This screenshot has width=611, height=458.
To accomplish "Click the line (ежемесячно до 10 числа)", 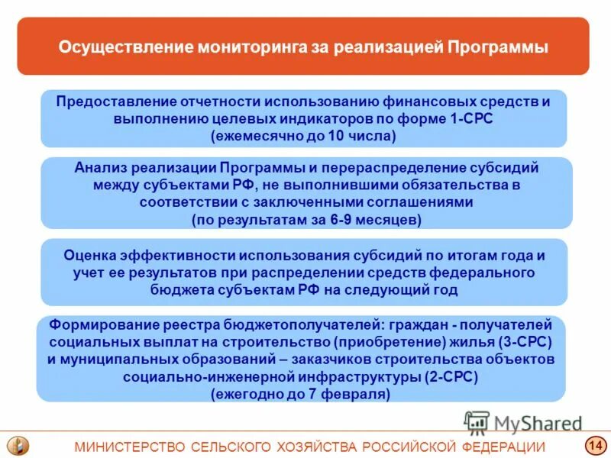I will (303, 136).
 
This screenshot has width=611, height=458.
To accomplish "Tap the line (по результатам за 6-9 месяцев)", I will (306, 219).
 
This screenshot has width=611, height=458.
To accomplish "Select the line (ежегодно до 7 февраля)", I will (300, 395).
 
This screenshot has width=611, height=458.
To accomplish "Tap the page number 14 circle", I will (594, 446).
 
